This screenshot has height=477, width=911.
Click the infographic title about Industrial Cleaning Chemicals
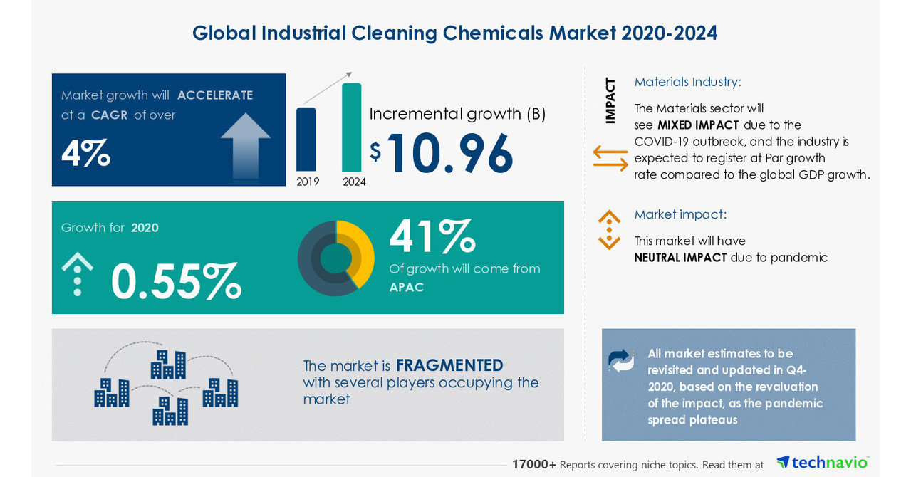click(x=454, y=33)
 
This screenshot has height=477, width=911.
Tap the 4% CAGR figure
click(x=85, y=153)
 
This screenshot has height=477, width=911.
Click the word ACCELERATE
click(x=215, y=95)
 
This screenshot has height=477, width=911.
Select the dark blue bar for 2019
click(x=306, y=140)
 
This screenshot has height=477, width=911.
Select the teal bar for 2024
click(x=352, y=127)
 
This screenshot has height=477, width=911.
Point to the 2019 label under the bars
click(x=308, y=182)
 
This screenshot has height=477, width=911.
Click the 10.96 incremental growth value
click(x=449, y=153)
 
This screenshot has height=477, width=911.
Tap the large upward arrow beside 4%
click(x=246, y=146)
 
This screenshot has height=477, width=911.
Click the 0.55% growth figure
click(x=176, y=282)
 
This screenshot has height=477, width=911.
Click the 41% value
click(x=432, y=236)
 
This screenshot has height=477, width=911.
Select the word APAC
click(x=407, y=288)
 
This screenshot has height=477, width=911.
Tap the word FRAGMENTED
click(x=449, y=365)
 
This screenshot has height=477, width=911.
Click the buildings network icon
click(x=166, y=384)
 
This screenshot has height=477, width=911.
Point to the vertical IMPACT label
click(x=610, y=100)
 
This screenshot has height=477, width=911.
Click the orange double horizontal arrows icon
click(x=610, y=158)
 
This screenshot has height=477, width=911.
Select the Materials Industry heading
click(x=687, y=82)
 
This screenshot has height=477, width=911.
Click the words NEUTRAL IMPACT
click(x=680, y=258)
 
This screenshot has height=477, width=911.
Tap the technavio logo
click(x=823, y=463)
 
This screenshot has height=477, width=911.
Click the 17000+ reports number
click(x=534, y=464)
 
